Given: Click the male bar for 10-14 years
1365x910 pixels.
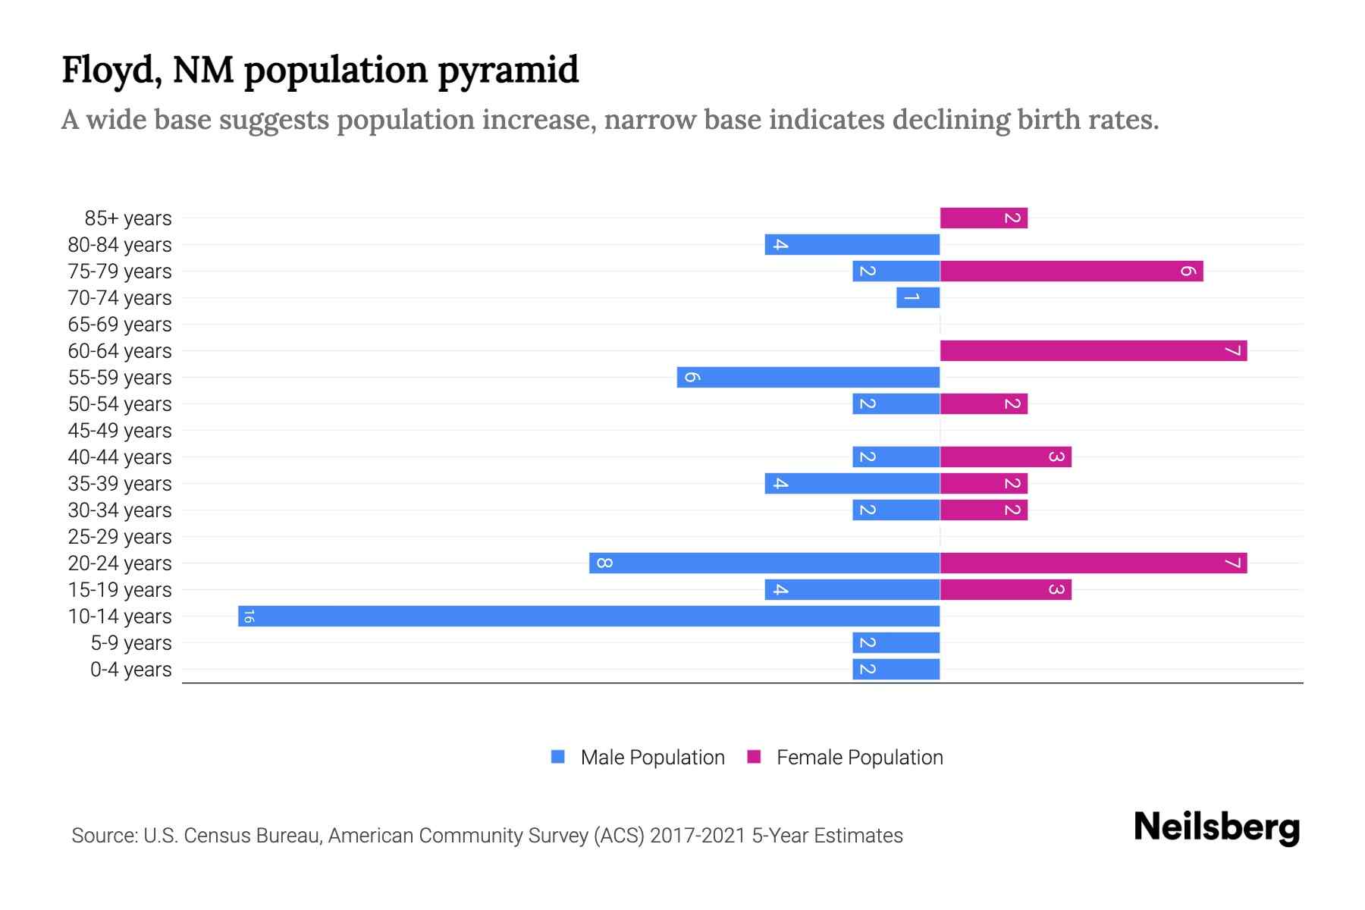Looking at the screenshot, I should pyautogui.click(x=588, y=616).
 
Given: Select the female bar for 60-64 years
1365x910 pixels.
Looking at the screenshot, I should pyautogui.click(x=1093, y=350).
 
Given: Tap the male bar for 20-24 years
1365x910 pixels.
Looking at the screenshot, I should pyautogui.click(x=764, y=563).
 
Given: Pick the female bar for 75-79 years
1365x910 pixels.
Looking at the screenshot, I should pyautogui.click(x=1071, y=271).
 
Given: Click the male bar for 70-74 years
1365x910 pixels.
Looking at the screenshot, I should pyautogui.click(x=918, y=297).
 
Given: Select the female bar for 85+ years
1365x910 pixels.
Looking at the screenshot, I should pyautogui.click(x=984, y=218).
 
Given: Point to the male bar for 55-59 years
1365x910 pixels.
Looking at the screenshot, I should pyautogui.click(x=808, y=377).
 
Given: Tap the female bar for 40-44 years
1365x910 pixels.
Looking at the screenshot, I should pyautogui.click(x=1006, y=457).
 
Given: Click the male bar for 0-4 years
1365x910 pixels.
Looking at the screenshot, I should pyautogui.click(x=896, y=669).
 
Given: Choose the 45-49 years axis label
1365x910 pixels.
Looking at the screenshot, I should pyautogui.click(x=120, y=430).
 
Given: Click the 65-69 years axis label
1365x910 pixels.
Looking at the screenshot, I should pyautogui.click(x=120, y=324).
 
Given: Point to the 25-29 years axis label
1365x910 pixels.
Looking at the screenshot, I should pyautogui.click(x=120, y=536).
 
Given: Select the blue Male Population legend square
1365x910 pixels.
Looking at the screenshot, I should pyautogui.click(x=558, y=757).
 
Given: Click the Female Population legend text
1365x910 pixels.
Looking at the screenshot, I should pyautogui.click(x=859, y=757).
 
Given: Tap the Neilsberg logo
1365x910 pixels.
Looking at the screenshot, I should pyautogui.click(x=1216, y=827).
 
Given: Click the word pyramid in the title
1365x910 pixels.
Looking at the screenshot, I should pyautogui.click(x=508, y=71).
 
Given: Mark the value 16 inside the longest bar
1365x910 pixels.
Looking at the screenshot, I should pyautogui.click(x=249, y=616).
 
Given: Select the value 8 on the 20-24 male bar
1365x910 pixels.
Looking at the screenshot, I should pyautogui.click(x=604, y=563).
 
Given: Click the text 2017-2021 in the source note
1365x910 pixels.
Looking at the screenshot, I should pyautogui.click(x=698, y=835).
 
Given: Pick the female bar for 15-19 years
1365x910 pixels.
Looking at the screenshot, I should pyautogui.click(x=1006, y=589).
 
